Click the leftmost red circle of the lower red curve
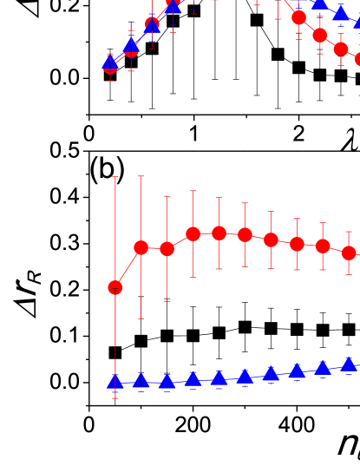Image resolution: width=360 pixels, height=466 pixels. tap(115, 287)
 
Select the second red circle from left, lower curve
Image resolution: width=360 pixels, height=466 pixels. tap(141, 248)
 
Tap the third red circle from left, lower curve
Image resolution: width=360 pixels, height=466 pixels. tap(167, 249)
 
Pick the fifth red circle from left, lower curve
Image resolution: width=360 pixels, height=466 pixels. tap(219, 233)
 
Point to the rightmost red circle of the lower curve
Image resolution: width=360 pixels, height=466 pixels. tap(349, 253)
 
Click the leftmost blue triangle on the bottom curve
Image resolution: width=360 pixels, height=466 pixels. tap(115, 382)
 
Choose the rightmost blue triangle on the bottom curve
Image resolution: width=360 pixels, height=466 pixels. tap(349, 364)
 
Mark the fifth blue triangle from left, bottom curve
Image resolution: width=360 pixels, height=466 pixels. tap(219, 377)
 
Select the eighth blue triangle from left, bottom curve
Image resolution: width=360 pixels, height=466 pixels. tap(297, 371)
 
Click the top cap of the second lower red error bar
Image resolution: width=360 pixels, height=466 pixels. tap(141, 176)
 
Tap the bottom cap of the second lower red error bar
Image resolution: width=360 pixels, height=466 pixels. tap(141, 318)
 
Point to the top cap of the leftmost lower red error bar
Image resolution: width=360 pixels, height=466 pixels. tap(115, 177)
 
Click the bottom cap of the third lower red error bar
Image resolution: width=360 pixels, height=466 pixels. tap(167, 301)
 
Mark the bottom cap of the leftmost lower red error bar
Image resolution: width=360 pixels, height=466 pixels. tap(115, 397)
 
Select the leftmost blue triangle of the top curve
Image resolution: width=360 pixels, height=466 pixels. tap(110, 62)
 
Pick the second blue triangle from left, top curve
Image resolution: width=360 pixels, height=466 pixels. tap(131, 45)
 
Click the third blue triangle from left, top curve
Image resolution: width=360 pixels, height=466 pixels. tap(152, 24)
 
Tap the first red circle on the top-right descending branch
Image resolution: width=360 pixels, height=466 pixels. tap(299, 17)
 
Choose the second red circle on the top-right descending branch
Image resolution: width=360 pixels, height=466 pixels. tap(320, 36)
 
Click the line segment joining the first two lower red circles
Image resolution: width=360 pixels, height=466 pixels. tap(128, 268)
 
